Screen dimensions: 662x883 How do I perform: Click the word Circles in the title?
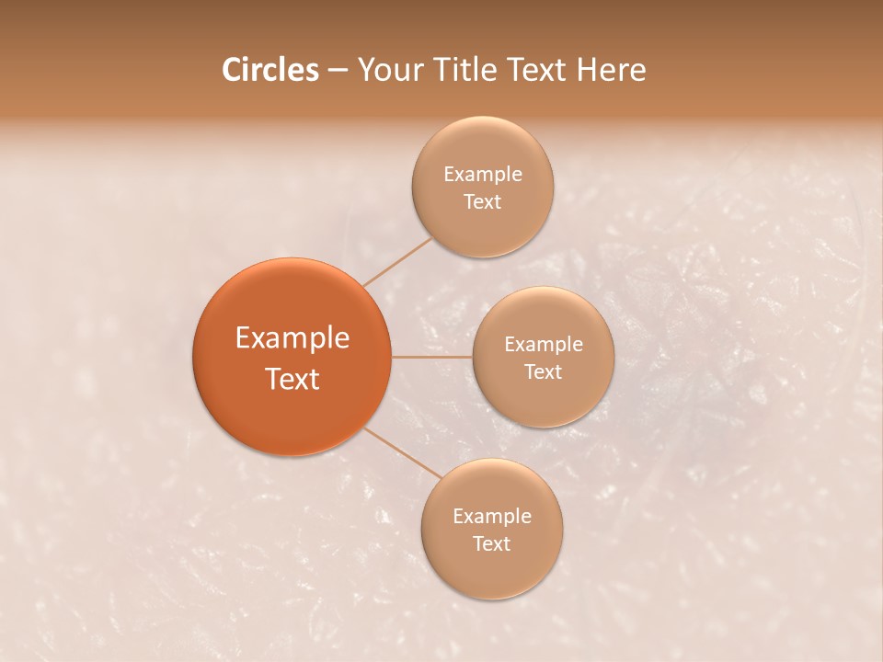(269, 70)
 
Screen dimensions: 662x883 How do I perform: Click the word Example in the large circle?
(292, 338)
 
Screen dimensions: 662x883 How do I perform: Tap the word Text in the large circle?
(292, 379)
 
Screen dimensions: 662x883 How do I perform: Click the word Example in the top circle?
(483, 175)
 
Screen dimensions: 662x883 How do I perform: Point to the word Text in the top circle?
(483, 202)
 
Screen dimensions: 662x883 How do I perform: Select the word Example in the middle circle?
(544, 345)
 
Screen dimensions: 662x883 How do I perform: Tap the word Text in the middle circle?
(544, 372)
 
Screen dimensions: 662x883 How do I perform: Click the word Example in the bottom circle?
(492, 517)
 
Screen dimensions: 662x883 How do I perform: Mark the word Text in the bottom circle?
(492, 544)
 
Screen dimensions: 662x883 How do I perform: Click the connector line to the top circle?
(397, 262)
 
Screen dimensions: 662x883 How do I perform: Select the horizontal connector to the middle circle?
(431, 357)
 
